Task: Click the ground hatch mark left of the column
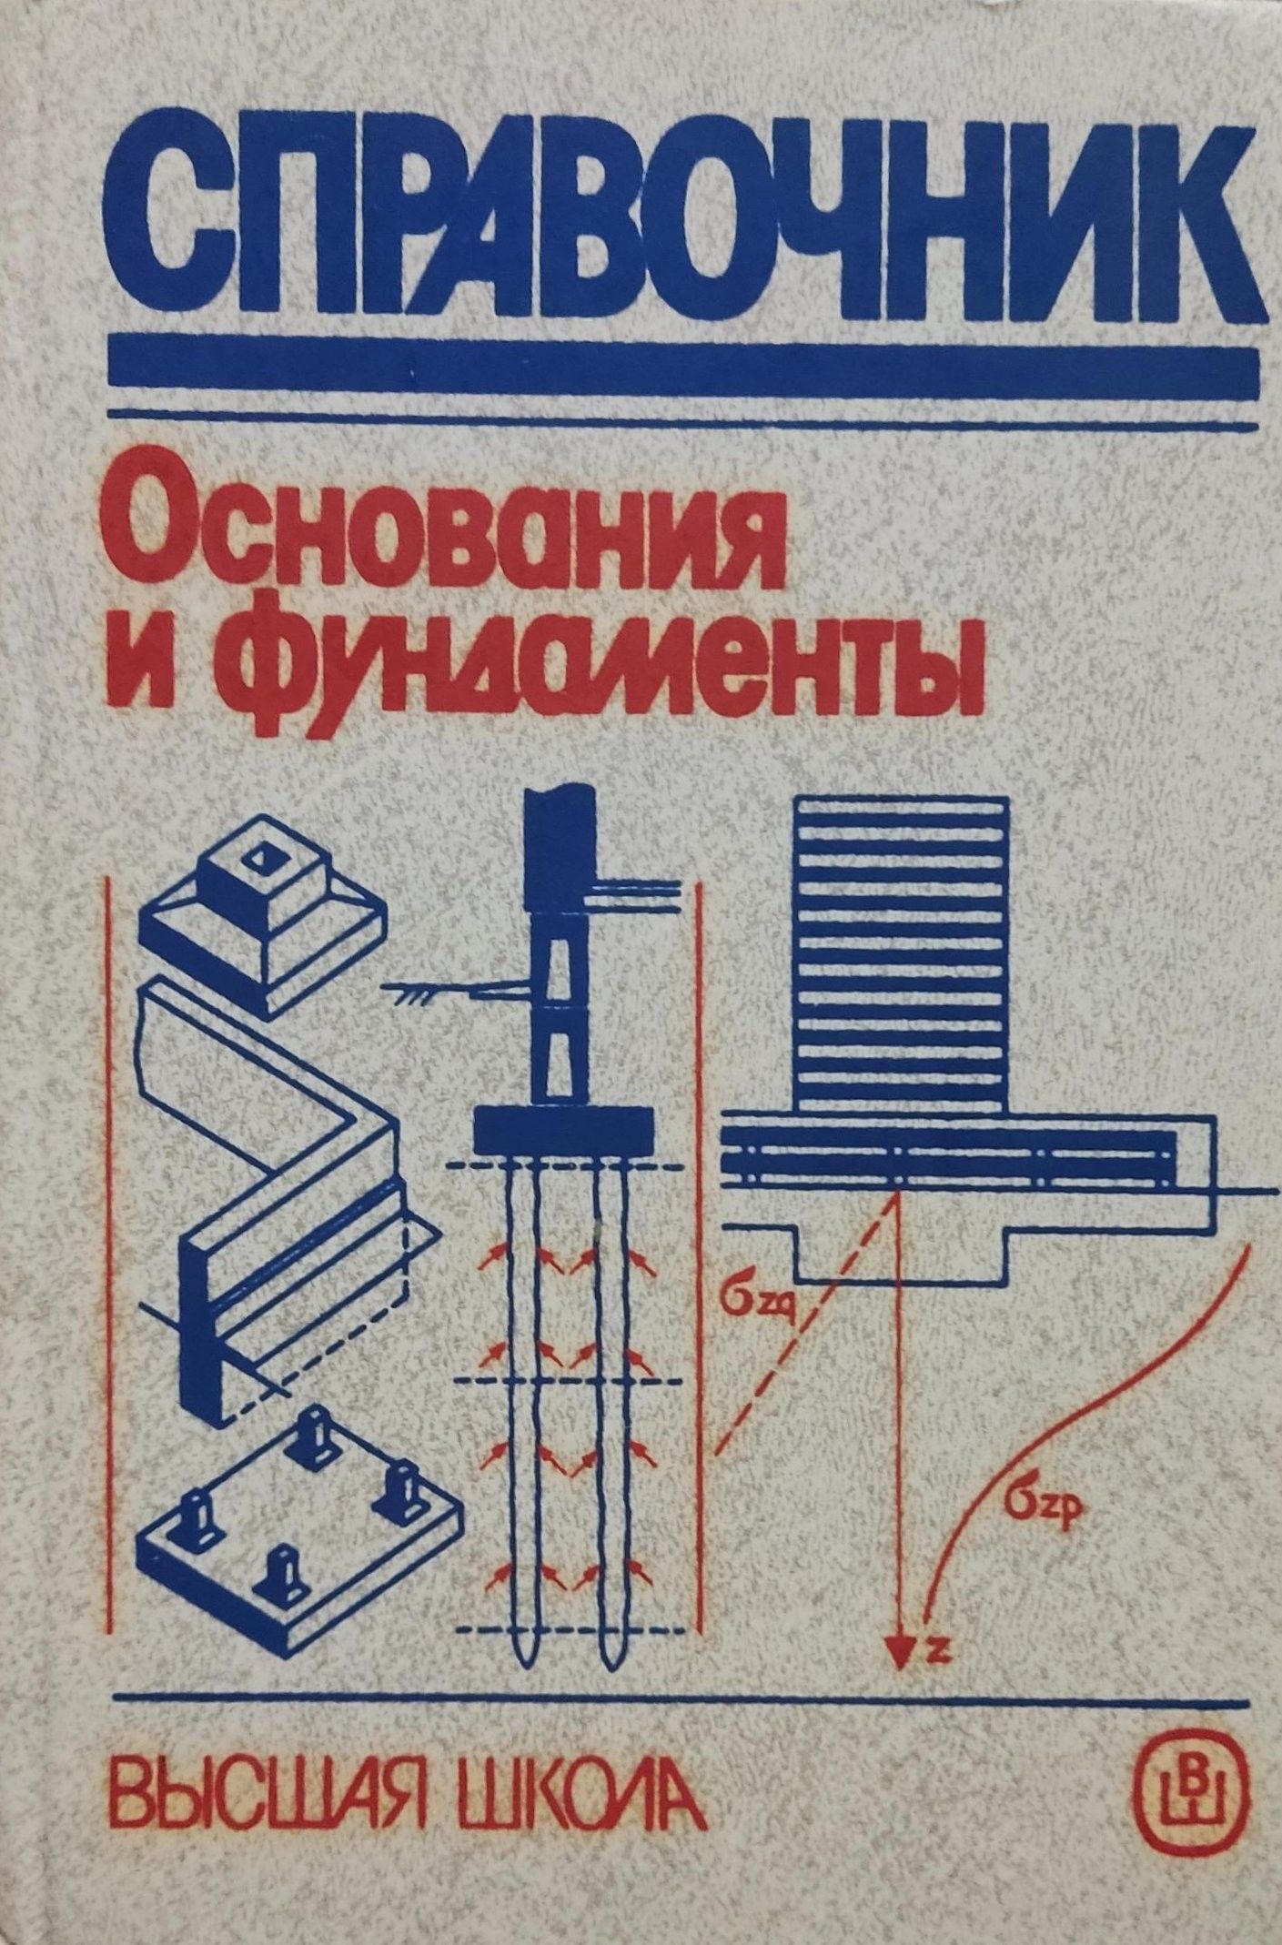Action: coord(419,999)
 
